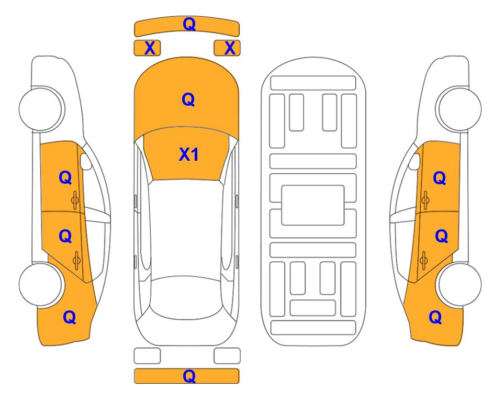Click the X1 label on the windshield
[189, 154]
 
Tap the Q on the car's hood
[188, 99]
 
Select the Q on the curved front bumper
[189, 24]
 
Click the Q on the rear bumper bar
[189, 376]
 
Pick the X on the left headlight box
[150, 48]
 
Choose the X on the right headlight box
[230, 48]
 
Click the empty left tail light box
[147, 356]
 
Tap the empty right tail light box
[227, 356]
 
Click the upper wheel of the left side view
[41, 109]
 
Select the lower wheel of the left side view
[41, 285]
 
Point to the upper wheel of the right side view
[460, 109]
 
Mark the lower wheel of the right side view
[460, 285]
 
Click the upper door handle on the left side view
[75, 200]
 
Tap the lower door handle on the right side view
[423, 261]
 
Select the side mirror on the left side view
[86, 161]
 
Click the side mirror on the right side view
[415, 161]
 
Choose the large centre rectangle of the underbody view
[313, 205]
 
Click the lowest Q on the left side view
[70, 317]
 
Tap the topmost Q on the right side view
[440, 178]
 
